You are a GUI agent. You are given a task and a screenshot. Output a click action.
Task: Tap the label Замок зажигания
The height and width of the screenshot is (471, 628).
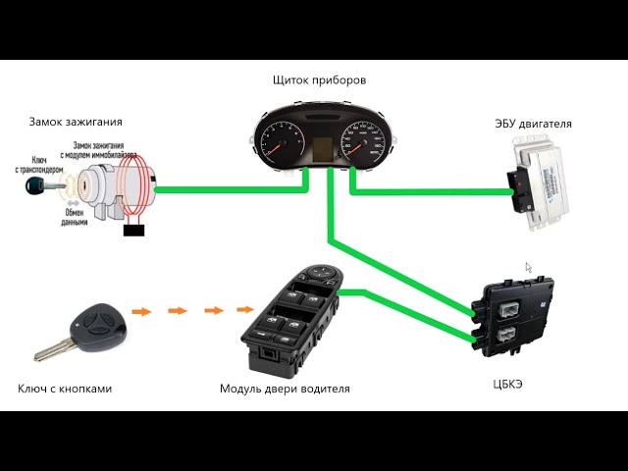pyautogui.click(x=76, y=123)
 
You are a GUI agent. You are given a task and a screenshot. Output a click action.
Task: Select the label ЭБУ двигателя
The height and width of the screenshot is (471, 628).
pyautogui.click(x=535, y=124)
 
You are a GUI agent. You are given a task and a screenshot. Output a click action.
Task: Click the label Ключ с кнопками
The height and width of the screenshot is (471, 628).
pyautogui.click(x=65, y=389)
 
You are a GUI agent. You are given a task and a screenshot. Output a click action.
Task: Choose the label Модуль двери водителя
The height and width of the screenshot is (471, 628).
pyautogui.click(x=285, y=389)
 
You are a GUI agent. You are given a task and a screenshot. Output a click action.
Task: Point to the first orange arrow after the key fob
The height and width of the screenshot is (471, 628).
pyautogui.click(x=142, y=311)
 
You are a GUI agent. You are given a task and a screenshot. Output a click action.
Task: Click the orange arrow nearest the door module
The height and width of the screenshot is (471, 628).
pyautogui.click(x=214, y=311)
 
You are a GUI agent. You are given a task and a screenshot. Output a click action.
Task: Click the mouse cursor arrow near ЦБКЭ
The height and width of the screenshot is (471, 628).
pyautogui.click(x=528, y=267)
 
